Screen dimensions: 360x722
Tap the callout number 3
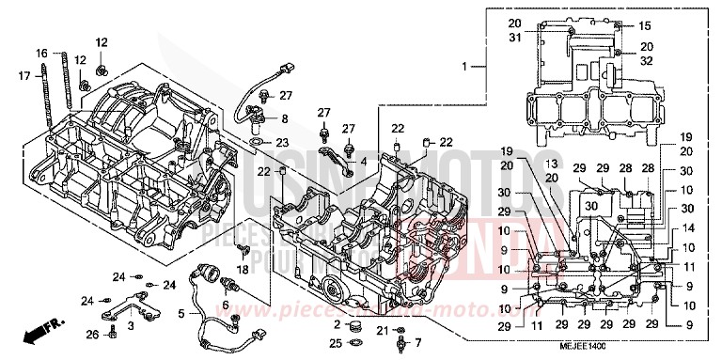click(x=131, y=325)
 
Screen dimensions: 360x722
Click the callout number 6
click(x=226, y=306)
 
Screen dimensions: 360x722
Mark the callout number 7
click(x=418, y=342)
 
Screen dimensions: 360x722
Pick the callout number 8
click(x=286, y=118)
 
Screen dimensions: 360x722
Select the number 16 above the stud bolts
click(x=41, y=53)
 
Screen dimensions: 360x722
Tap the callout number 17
click(x=24, y=74)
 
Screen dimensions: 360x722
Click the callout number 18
click(x=243, y=270)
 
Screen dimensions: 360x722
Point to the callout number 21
click(x=383, y=331)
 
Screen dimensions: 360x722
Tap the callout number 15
click(x=645, y=25)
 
